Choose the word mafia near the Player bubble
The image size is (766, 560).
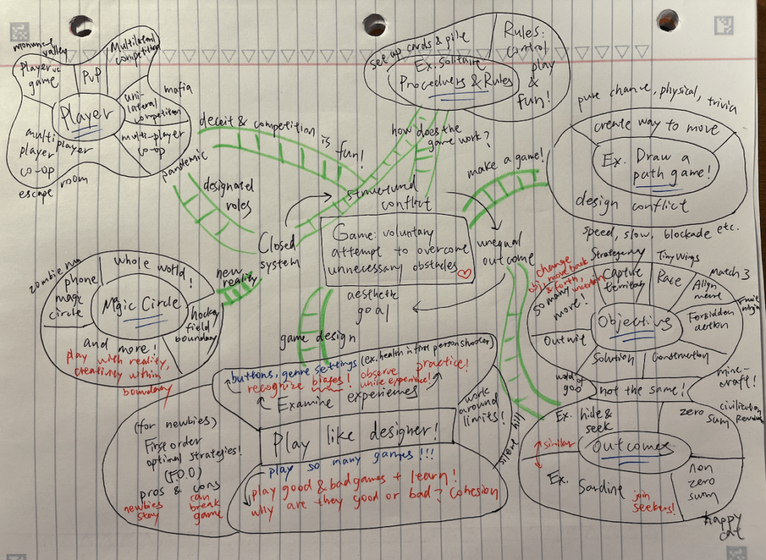click(x=177, y=90)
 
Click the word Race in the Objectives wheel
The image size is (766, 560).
click(x=669, y=279)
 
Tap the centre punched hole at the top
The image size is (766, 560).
click(x=373, y=23)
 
